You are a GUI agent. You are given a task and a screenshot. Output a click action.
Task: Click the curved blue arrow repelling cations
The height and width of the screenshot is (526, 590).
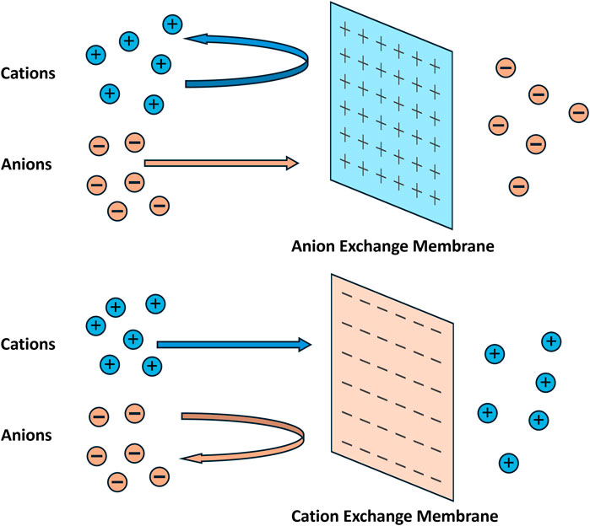tap(307, 60)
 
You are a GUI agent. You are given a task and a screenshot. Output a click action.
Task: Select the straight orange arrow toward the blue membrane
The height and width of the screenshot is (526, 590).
tap(222, 163)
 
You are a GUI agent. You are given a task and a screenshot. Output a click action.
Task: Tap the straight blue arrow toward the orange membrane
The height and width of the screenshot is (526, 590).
tap(234, 345)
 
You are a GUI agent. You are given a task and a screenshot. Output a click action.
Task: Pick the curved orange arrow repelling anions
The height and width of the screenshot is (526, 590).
tap(302, 437)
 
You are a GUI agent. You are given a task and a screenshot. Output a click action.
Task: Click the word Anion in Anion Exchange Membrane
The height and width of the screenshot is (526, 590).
tap(313, 246)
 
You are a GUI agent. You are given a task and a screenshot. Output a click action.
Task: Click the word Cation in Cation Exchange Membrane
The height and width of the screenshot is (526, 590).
tap(315, 516)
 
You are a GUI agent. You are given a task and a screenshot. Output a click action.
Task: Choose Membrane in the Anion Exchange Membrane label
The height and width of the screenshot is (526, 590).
tap(453, 246)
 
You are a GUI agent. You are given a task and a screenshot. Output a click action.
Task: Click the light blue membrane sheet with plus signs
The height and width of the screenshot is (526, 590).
tap(392, 115)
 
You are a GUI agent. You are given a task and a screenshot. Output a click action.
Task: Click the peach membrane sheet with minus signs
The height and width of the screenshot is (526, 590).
tap(392, 387)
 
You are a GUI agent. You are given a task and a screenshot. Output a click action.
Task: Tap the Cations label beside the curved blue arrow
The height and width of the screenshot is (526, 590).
tap(28, 73)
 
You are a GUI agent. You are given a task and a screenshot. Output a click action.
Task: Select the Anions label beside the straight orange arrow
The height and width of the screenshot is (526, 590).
tap(26, 164)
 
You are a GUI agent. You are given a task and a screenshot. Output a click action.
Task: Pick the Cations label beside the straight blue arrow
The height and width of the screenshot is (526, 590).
tap(28, 344)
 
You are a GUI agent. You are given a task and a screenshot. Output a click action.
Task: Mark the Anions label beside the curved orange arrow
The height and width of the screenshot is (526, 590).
tap(26, 435)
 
